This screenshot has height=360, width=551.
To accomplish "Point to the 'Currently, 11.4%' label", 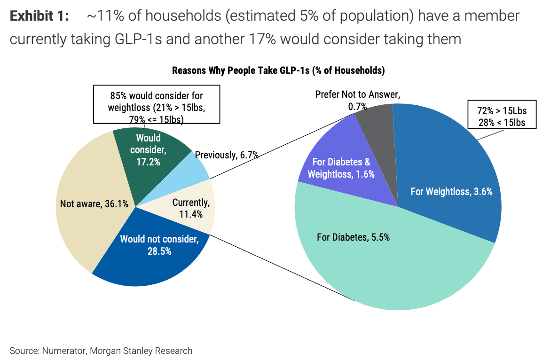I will pos(190,208).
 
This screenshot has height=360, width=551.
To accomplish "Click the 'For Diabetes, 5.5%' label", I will pos(353,237).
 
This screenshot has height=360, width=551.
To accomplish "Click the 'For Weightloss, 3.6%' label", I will pos(451,191).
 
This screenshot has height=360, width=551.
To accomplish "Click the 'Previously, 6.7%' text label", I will pos(227,155).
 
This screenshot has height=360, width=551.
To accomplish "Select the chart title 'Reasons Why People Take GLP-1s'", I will pos(278,71).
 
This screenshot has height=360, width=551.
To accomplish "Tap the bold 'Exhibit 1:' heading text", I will pos(39,16).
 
